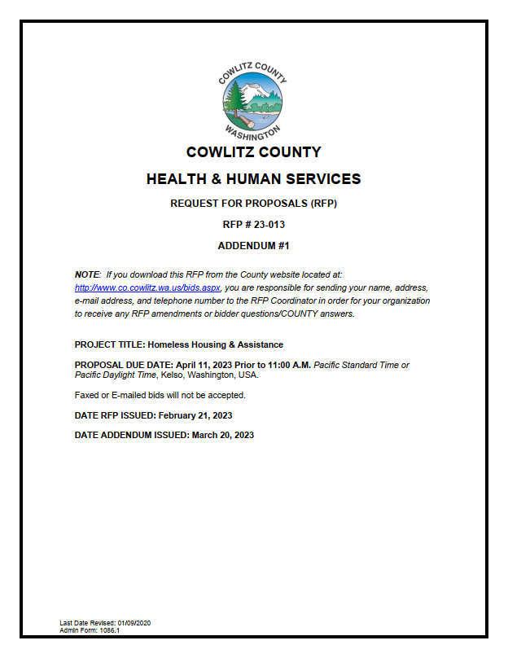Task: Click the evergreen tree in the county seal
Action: tap(237, 103)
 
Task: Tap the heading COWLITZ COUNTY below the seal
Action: tap(253, 152)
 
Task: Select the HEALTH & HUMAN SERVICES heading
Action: tap(253, 178)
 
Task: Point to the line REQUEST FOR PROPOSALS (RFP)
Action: tap(253, 204)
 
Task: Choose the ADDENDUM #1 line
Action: tap(253, 245)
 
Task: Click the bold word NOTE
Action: tap(86, 275)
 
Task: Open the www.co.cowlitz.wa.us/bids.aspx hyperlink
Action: tap(147, 288)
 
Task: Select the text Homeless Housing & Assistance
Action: tap(216, 344)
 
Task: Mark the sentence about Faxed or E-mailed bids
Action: tap(160, 395)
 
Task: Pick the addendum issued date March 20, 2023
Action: tap(222, 435)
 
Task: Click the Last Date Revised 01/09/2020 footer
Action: tap(105, 623)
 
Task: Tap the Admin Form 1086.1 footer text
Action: tap(90, 630)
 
